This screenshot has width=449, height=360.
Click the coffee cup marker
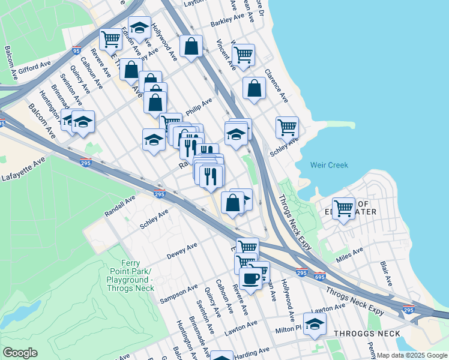pos(250,278)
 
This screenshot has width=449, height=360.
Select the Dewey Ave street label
pos(182,250)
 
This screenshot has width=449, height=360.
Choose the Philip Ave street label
pos(199,108)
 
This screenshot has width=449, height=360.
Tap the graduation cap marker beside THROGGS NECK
pos(314,324)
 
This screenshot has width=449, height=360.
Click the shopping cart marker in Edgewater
pos(343,209)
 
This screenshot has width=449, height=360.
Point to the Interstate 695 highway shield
pos(319,276)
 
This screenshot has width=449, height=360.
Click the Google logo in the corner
pos(20,353)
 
